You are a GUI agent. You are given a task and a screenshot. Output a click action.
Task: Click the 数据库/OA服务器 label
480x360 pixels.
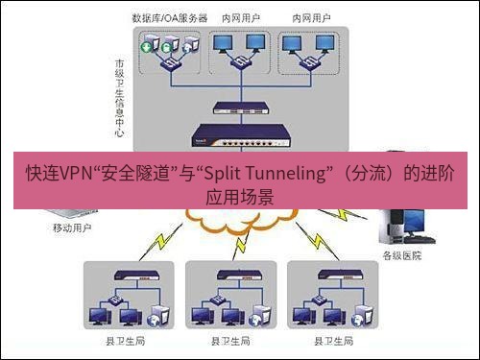(x=170, y=18)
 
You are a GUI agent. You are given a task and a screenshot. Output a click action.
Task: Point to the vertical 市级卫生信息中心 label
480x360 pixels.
(x=119, y=95)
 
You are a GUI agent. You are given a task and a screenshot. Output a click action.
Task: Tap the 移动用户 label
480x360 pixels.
(x=72, y=228)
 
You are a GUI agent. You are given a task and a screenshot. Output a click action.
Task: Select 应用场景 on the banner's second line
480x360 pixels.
(x=240, y=197)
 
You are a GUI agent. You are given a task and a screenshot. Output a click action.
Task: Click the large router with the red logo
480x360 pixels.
(x=235, y=133)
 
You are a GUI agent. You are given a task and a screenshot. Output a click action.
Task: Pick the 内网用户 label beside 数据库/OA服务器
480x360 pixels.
(x=240, y=18)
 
